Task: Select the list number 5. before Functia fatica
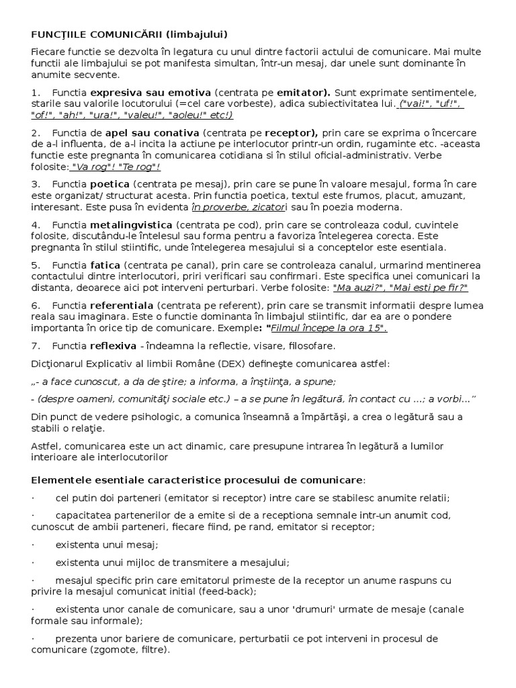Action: tap(36, 265)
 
